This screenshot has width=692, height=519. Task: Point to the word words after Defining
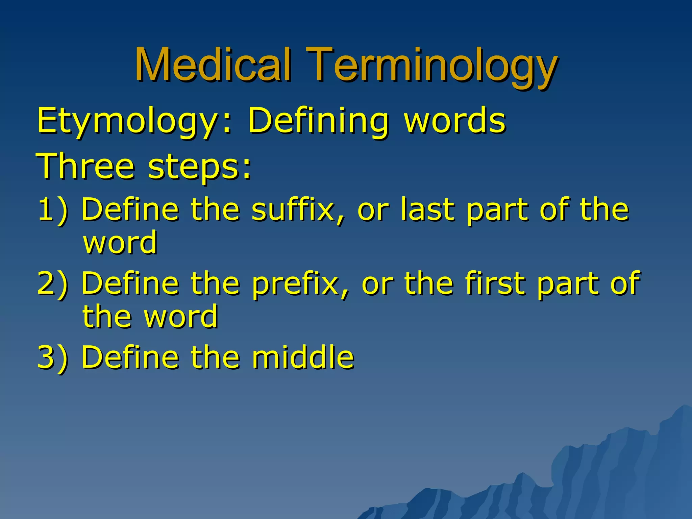(454, 120)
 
